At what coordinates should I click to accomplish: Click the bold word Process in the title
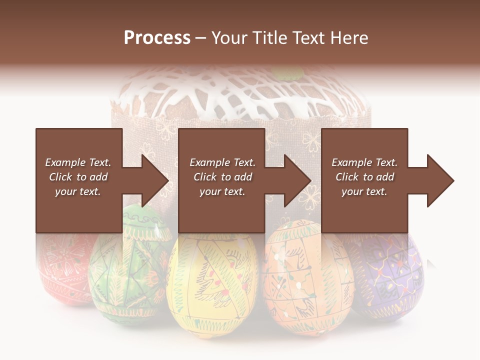(x=157, y=38)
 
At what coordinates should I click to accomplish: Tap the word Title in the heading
(x=267, y=38)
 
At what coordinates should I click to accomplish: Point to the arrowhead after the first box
(x=155, y=180)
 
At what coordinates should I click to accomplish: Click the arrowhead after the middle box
(x=297, y=180)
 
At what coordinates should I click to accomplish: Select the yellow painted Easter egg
(x=212, y=280)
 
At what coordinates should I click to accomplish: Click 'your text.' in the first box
(x=77, y=191)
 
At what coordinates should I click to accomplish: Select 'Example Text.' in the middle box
(x=222, y=162)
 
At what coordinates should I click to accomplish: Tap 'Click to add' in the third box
(x=364, y=177)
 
